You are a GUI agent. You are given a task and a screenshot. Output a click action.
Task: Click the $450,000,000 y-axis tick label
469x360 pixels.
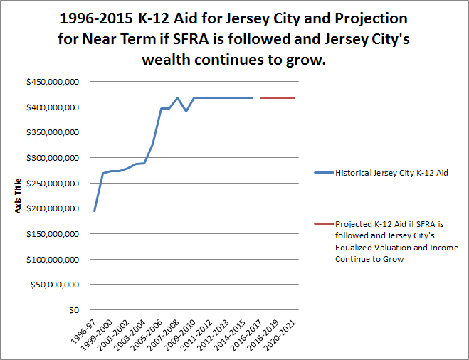(53, 82)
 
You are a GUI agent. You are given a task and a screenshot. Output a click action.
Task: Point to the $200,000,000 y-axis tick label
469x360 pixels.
(53, 208)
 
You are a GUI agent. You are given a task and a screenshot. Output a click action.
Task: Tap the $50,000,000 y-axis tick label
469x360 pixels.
(55, 285)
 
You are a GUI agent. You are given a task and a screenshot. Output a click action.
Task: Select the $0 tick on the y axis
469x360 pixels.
(73, 310)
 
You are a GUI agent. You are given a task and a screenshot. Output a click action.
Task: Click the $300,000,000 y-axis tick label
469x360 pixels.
(53, 158)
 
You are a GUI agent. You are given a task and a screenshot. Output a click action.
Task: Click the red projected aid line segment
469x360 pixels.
(278, 97)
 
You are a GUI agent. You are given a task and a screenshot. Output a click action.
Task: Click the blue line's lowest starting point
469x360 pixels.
(94, 211)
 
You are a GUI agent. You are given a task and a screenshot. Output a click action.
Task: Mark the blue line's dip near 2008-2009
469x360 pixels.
(186, 111)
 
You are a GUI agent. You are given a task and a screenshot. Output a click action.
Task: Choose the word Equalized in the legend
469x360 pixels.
(361, 248)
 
